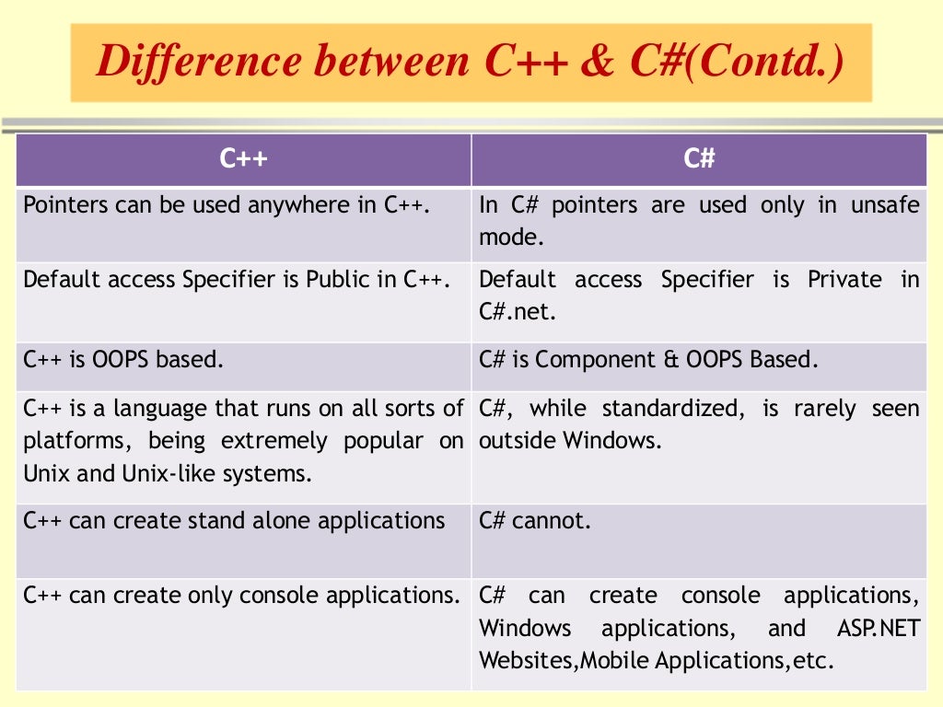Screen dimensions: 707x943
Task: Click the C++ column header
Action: click(x=243, y=159)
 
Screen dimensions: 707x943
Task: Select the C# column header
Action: click(x=699, y=159)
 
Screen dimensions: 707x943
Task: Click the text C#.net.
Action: click(x=518, y=312)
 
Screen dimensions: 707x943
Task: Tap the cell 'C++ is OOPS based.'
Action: click(x=123, y=360)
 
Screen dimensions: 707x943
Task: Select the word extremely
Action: click(x=274, y=441)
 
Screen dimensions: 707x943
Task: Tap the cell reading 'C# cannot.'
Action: click(x=534, y=521)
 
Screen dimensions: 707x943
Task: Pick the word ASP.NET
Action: click(x=878, y=629)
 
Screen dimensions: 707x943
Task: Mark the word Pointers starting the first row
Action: click(x=64, y=205)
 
